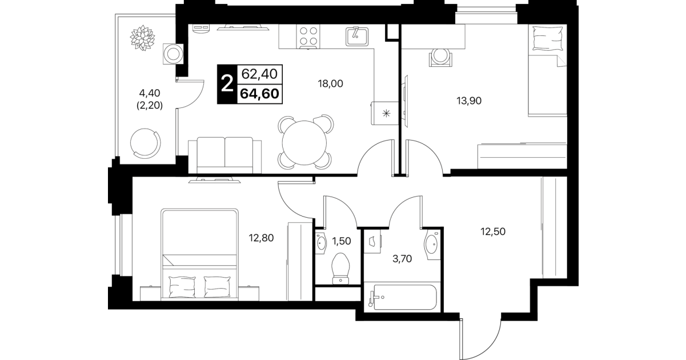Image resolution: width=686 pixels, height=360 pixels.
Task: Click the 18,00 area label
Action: click(331, 83)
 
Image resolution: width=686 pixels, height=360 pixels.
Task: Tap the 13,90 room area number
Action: click(469, 101)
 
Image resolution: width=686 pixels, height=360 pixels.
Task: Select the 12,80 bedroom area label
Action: click(261, 238)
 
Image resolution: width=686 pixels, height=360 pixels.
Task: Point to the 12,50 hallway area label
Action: click(493, 231)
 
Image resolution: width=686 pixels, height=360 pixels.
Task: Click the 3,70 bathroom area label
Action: click(402, 259)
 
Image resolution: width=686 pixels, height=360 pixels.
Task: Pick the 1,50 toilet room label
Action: click(342, 241)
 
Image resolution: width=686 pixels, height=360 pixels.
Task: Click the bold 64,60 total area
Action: click(260, 94)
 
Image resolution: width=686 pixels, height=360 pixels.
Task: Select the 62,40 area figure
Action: click(259, 74)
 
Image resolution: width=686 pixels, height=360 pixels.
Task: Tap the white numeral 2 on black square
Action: click(227, 84)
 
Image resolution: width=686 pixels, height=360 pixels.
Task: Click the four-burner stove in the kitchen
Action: click(308, 37)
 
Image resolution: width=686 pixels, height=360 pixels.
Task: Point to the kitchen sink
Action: click(357, 37)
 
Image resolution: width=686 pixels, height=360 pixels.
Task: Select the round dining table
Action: click(304, 143)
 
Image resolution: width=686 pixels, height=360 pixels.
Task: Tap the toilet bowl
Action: click(340, 268)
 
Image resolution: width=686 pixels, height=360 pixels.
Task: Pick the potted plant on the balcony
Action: click(142, 38)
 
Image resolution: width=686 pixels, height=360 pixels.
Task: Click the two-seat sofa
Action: click(225, 155)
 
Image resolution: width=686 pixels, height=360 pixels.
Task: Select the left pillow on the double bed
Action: click(182, 286)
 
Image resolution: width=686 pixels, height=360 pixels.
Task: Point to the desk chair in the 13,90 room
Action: click(440, 57)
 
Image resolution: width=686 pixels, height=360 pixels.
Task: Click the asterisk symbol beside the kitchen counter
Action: click(387, 114)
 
